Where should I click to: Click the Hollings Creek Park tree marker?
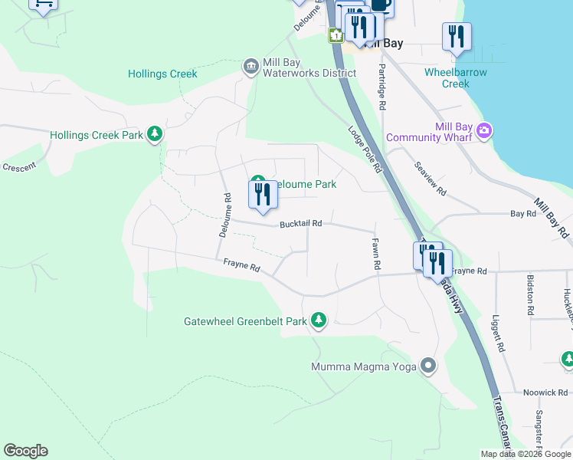click(x=156, y=135)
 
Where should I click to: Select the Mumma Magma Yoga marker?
click(x=428, y=366)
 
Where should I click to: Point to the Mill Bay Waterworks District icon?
click(x=250, y=67)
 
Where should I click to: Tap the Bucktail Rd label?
click(x=300, y=224)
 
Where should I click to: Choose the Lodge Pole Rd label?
click(x=365, y=149)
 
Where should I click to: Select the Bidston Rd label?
click(x=530, y=295)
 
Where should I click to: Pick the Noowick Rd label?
click(x=545, y=392)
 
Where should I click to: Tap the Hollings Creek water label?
click(x=162, y=74)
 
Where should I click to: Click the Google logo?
click(x=25, y=451)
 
